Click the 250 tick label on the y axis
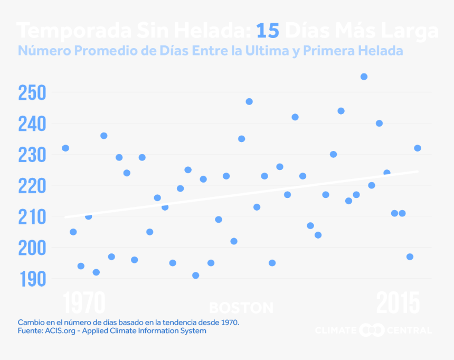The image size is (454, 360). click(32, 93)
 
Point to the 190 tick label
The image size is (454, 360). click(32, 279)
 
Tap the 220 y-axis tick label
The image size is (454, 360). click(32, 186)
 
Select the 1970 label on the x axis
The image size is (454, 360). click(84, 304)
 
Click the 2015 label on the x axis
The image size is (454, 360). click(398, 304)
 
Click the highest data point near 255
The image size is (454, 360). click(364, 77)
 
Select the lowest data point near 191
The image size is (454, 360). click(196, 276)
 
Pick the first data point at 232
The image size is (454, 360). click(65, 148)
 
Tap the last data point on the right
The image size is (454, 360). click(418, 148)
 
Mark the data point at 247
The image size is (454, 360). click(249, 101)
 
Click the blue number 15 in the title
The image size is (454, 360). click(268, 31)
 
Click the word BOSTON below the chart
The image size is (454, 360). click(241, 308)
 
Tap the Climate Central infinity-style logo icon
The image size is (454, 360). click(372, 330)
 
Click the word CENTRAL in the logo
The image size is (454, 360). click(409, 330)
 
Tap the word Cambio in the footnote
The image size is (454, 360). click(31, 321)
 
